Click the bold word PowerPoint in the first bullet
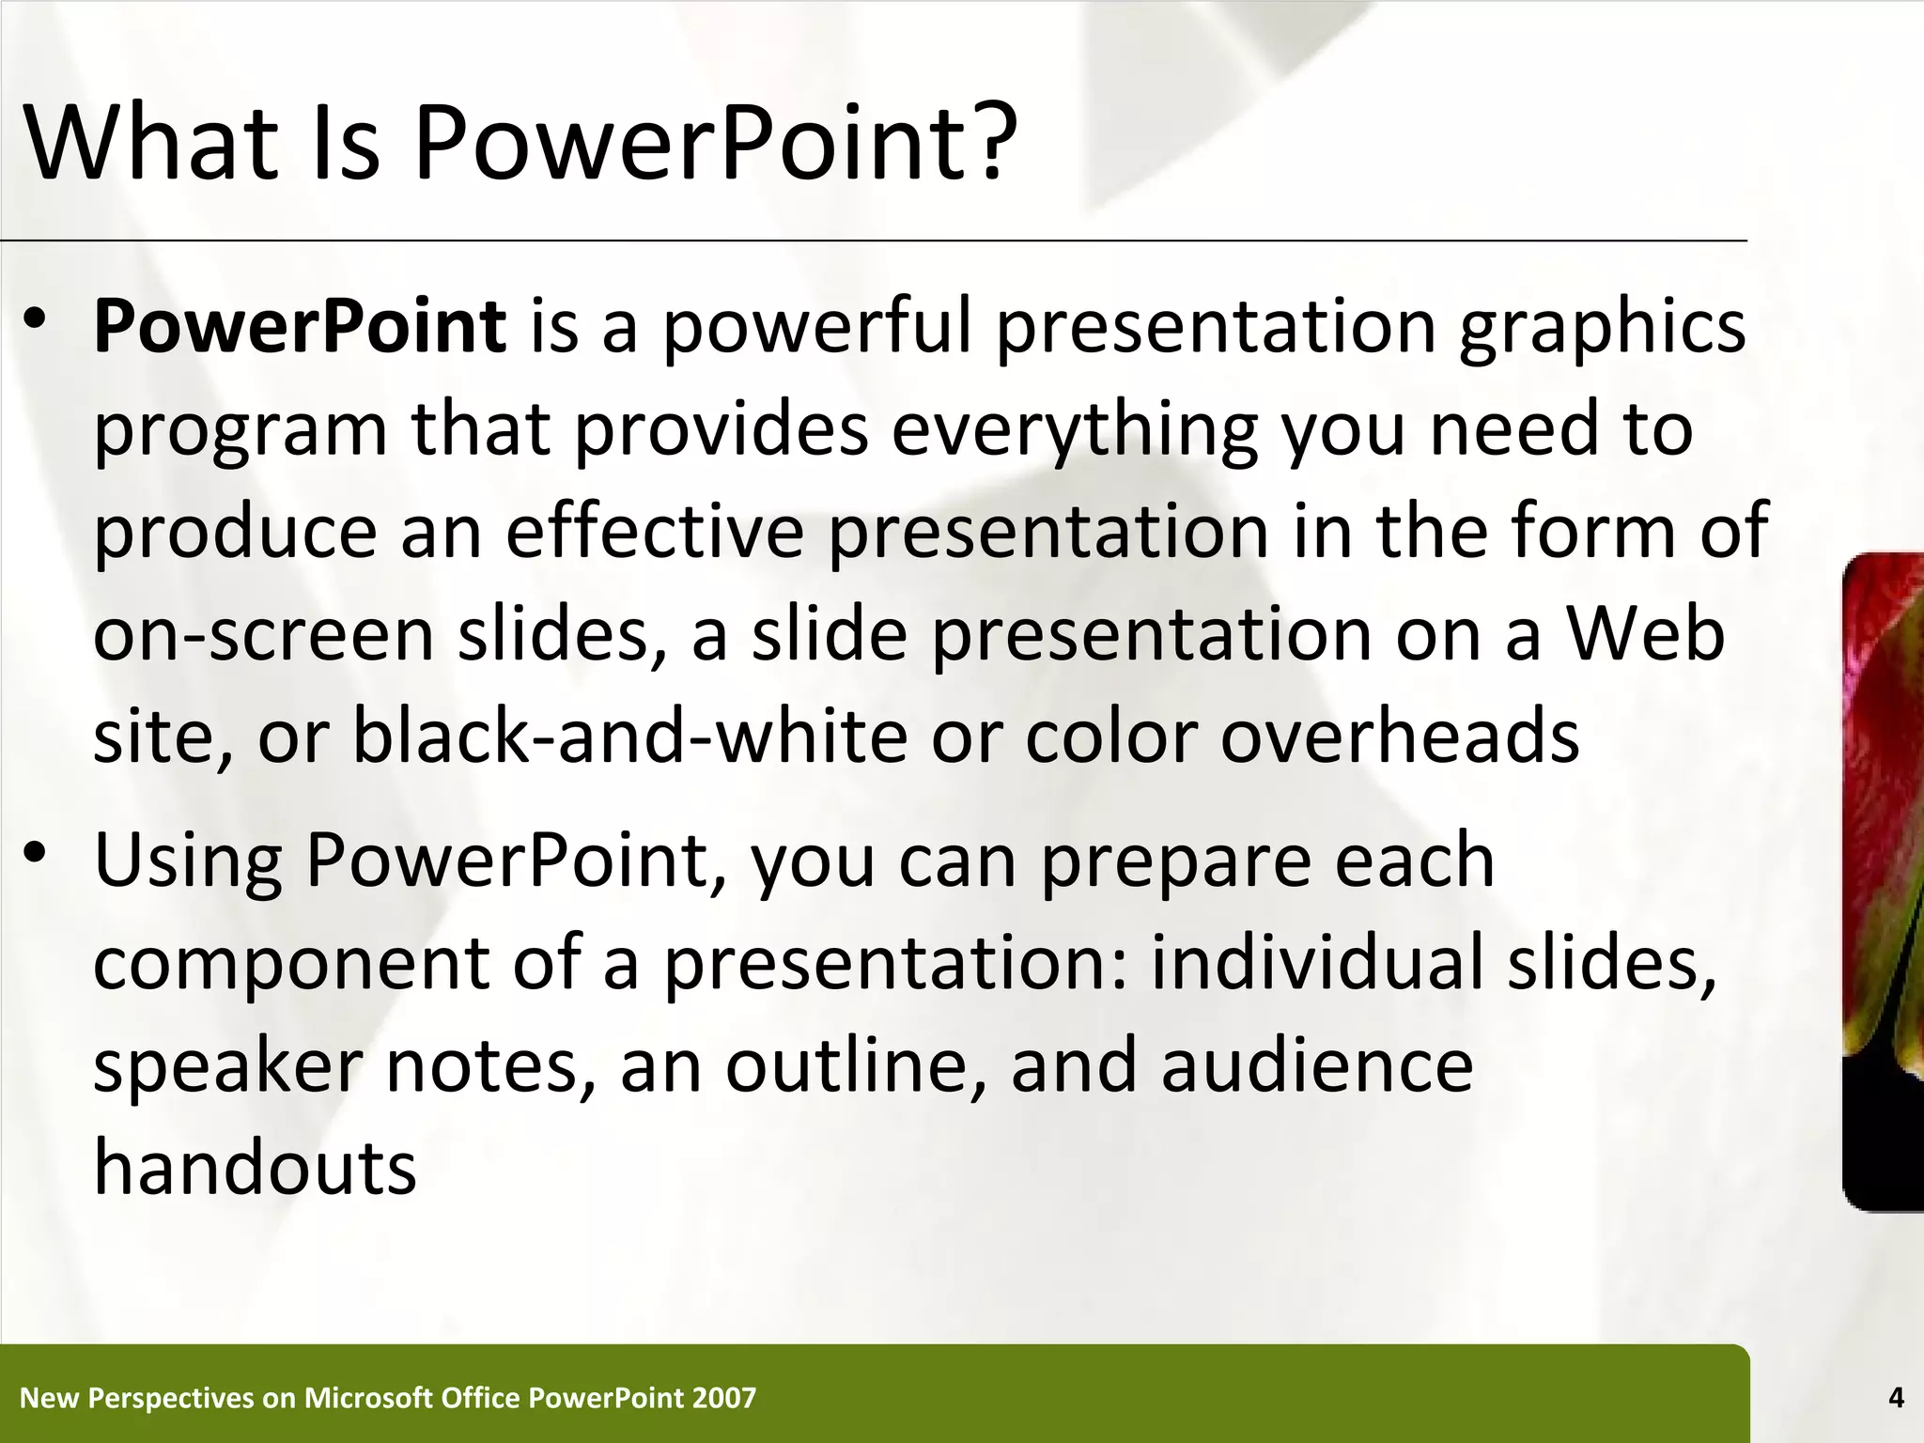pos(300,327)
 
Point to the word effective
pos(655,532)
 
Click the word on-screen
pos(264,635)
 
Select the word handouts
pos(255,1168)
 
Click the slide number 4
pos(1896,1398)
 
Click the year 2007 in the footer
pos(723,1398)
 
